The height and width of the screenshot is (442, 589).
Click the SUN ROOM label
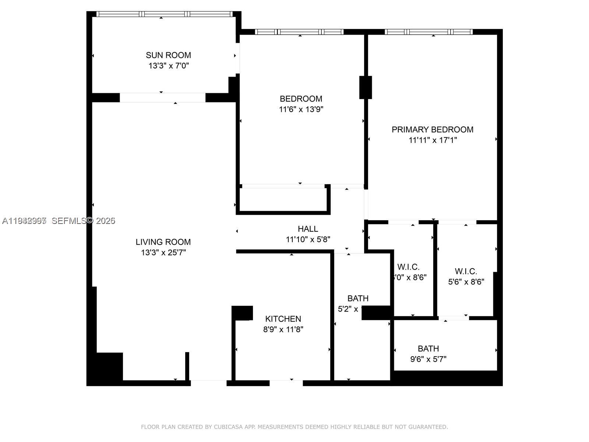[168, 55]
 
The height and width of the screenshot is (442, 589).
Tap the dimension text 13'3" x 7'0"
[169, 66]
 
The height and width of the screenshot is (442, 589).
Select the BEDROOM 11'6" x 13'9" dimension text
[301, 109]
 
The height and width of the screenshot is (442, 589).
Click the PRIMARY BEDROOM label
[432, 130]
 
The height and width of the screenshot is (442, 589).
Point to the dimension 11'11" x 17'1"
[433, 140]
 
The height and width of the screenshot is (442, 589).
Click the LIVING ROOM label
[163, 242]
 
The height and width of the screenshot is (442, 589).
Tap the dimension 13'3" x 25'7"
[163, 253]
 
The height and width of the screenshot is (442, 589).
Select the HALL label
[308, 229]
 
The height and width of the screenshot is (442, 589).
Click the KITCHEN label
[283, 319]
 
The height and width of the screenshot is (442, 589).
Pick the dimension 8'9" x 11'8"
[283, 330]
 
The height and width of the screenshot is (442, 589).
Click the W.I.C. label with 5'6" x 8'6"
[466, 271]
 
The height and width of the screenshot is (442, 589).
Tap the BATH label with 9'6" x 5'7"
[428, 348]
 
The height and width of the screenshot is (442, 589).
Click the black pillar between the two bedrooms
[366, 87]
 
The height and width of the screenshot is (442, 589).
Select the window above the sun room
[165, 14]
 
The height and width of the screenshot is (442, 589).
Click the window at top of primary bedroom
[428, 32]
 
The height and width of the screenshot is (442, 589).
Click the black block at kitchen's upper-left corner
[243, 313]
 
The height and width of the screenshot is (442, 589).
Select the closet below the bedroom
[282, 200]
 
